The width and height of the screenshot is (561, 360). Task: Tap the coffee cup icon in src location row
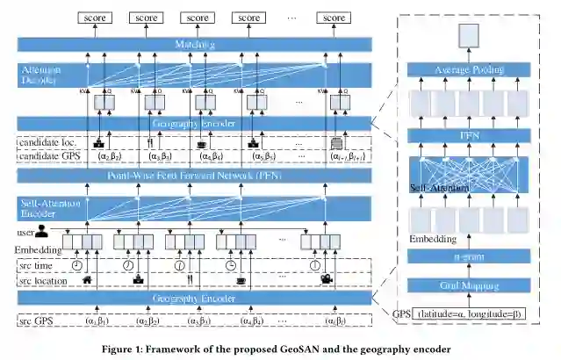pyautogui.click(x=241, y=279)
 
